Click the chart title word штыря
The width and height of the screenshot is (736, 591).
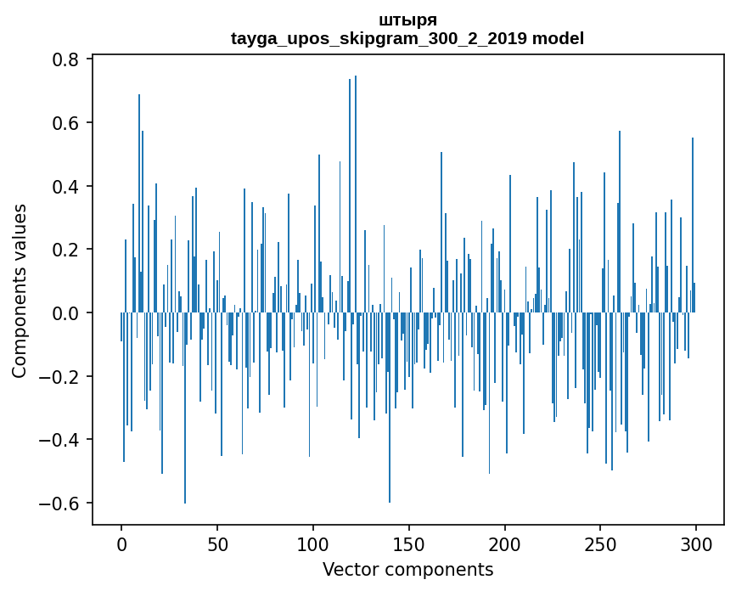(407, 20)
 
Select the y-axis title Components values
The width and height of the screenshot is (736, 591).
(20, 290)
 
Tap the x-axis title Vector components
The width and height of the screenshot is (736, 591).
(407, 569)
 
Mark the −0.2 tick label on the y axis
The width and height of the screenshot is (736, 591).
(61, 376)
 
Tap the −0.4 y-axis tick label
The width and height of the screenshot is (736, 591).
(61, 440)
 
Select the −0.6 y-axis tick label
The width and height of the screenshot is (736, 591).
(61, 504)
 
